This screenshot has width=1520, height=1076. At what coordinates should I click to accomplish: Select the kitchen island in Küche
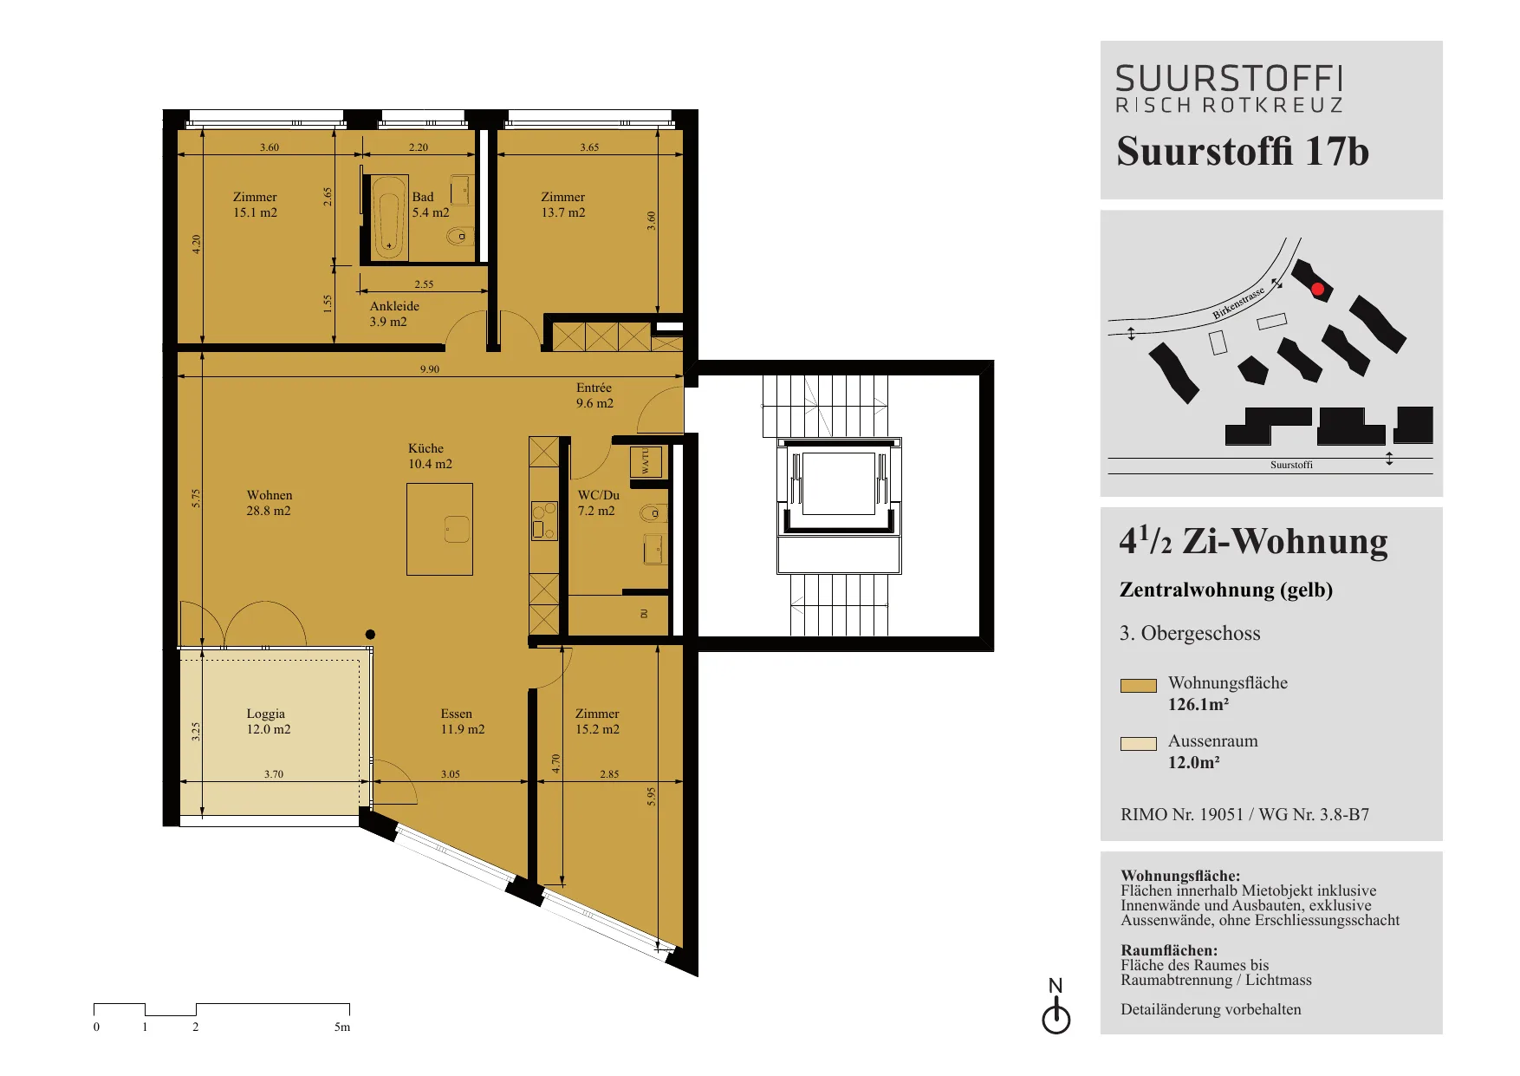439,529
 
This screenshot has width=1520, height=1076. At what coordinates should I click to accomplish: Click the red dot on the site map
1317,290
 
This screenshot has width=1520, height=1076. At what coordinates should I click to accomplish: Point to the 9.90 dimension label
430,369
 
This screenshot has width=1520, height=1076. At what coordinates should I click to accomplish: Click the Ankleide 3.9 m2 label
394,314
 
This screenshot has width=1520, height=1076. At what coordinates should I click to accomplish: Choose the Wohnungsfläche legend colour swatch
1138,686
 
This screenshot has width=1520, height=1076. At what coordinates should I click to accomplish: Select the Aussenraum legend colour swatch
1138,744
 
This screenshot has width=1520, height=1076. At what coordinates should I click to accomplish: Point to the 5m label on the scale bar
342,1027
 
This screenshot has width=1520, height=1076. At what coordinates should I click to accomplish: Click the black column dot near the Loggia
370,635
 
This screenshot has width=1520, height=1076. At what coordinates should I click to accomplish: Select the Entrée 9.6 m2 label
594,395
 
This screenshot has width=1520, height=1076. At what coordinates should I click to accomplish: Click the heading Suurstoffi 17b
1243,151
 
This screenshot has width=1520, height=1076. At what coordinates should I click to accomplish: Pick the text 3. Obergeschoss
1190,634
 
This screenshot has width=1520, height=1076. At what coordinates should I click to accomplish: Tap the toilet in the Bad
458,236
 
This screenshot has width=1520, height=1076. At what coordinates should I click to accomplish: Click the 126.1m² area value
1198,705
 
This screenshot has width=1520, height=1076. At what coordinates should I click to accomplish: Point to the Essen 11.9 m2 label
462,721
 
